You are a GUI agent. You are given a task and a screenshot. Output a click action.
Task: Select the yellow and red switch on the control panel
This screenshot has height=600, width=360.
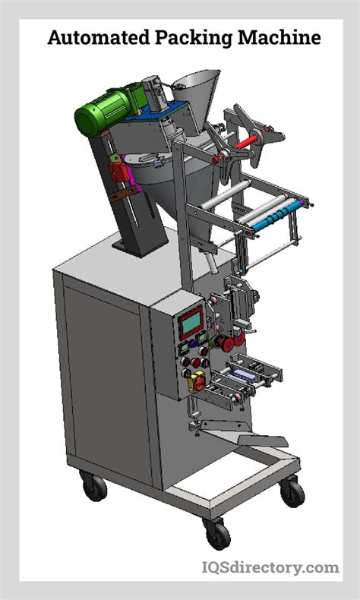[196, 377]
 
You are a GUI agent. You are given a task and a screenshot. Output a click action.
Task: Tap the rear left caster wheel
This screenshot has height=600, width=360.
[93, 485]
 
